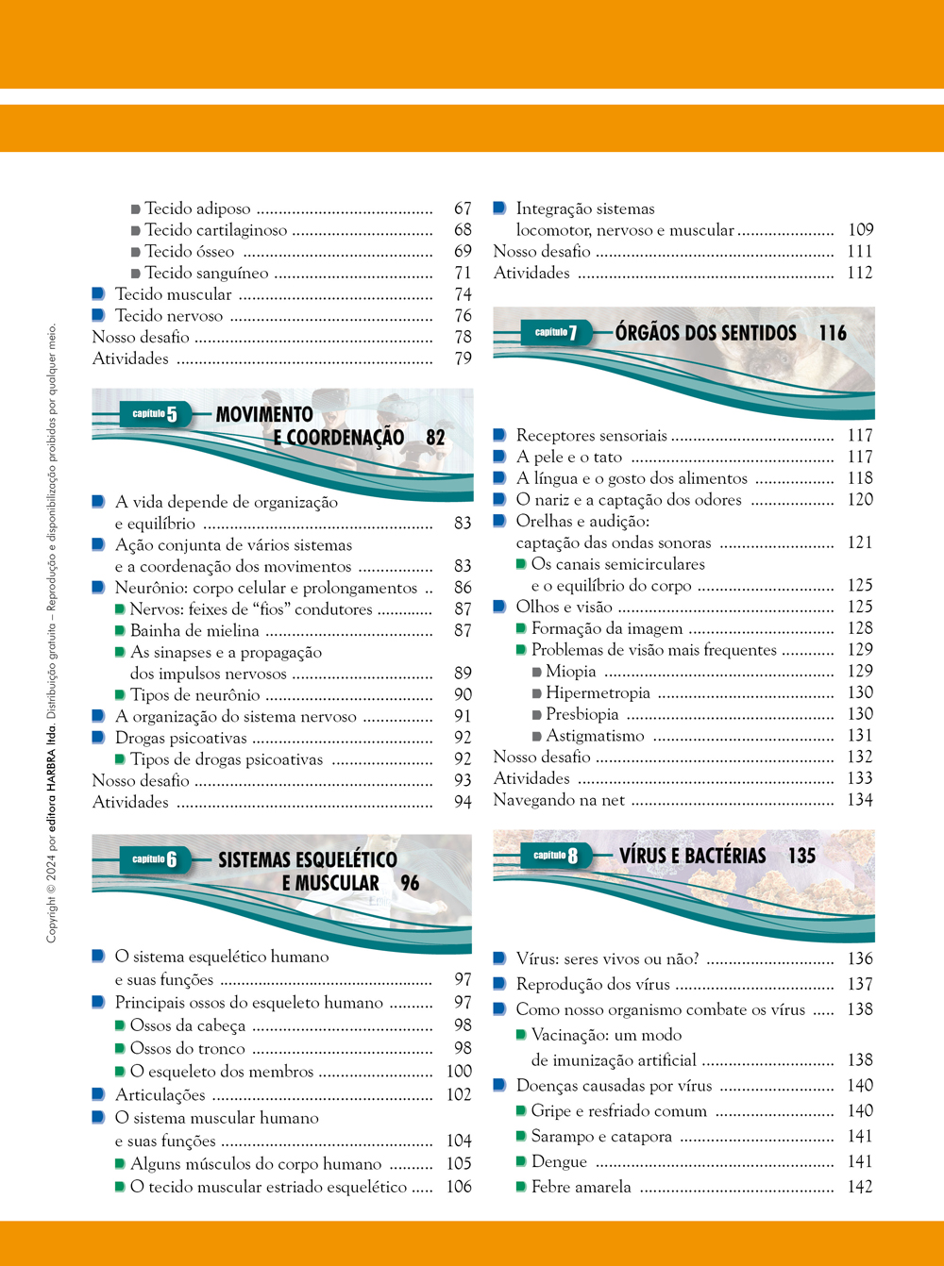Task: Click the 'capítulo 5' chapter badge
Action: coord(155,414)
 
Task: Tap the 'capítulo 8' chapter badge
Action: coord(555,856)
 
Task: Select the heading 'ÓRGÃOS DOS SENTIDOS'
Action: coord(705,333)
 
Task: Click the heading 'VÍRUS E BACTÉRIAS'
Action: coord(692,856)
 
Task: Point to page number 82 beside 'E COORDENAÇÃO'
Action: coord(435,438)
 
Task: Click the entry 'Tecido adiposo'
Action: coord(197,208)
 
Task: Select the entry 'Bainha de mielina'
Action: coord(194,631)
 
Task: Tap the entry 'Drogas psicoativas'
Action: coord(180,738)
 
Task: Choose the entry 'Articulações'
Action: coord(160,1094)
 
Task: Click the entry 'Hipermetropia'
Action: coord(598,692)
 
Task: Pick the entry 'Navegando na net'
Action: coord(559,800)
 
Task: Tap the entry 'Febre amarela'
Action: coord(581,1187)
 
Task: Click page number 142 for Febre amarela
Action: coord(860,1187)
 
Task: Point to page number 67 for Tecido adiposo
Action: coord(463,208)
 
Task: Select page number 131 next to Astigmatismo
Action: coord(860,736)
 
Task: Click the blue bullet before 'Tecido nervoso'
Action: coord(97,315)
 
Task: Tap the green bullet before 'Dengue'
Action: coord(521,1161)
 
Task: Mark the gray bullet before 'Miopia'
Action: coord(536,672)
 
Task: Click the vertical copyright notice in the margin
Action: coord(52,632)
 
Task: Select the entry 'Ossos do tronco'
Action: coord(187,1048)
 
